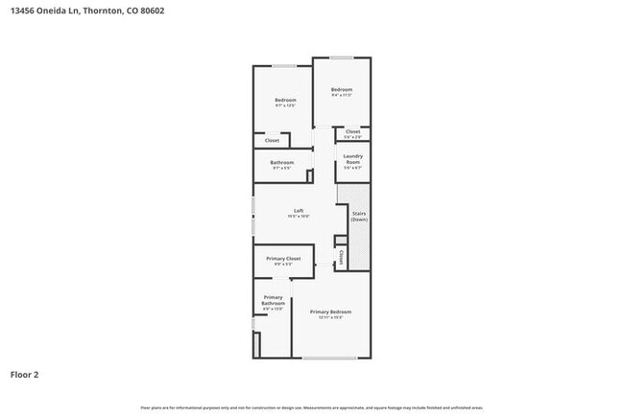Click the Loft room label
tap(299, 211)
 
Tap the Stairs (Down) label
tap(359, 217)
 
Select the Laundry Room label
tap(352, 159)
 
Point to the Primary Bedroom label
tap(330, 312)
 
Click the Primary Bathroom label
tap(273, 300)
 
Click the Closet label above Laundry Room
tap(353, 131)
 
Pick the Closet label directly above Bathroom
tap(272, 140)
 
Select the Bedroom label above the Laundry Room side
tap(342, 90)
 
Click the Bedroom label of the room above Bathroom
tap(285, 100)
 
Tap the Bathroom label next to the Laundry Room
tap(282, 162)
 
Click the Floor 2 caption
tap(24, 374)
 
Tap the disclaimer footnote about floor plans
tap(312, 407)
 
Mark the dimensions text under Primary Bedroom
tap(330, 318)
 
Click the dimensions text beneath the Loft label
tap(299, 217)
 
